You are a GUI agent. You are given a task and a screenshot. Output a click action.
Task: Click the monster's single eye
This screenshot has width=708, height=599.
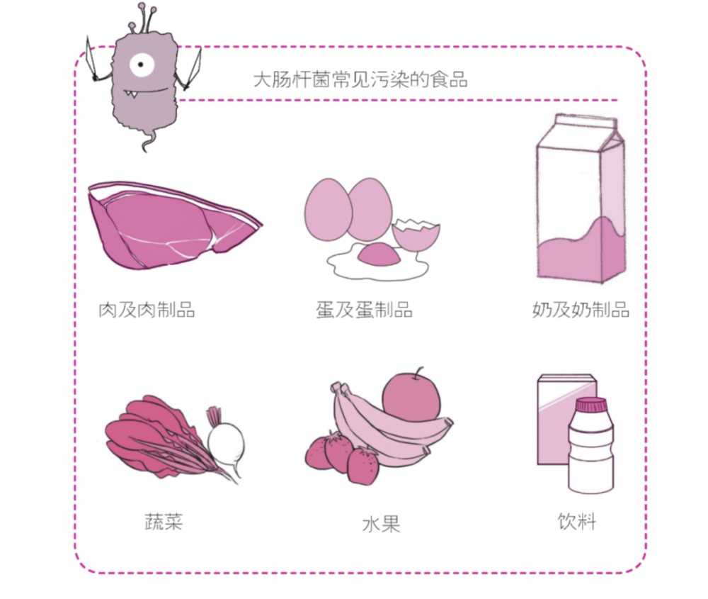point(142,65)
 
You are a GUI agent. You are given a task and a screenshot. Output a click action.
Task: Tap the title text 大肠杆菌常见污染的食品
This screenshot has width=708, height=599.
point(360,79)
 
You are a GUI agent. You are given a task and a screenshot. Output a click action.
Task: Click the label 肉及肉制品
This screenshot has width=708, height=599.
point(147,310)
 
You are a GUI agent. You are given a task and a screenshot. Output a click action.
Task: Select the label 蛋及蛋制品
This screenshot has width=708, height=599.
point(364,310)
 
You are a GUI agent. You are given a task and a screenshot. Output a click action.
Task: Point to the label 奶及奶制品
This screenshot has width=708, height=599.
point(581,310)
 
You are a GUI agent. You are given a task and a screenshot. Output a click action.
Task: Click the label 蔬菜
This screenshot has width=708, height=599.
point(164,522)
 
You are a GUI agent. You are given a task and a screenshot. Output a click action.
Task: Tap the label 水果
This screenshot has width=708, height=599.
point(381,525)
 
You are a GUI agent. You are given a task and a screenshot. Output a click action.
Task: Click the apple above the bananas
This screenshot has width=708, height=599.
point(411,396)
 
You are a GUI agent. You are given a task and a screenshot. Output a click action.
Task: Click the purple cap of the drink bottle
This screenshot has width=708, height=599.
point(592,404)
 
